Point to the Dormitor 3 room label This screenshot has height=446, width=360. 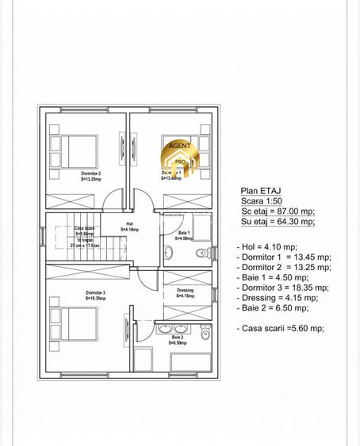pyautogui.click(x=96, y=293)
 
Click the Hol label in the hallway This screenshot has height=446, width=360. pyautogui.click(x=130, y=224)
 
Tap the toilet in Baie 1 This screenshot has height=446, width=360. pyautogui.click(x=201, y=253)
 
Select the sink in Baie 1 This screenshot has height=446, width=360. pyautogui.click(x=168, y=253)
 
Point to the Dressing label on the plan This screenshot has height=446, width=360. pyautogui.click(x=185, y=291)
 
